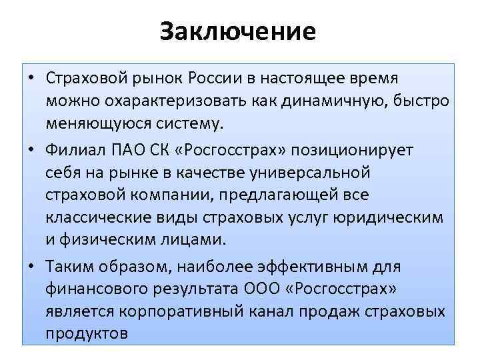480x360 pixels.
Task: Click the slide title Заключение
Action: [x=238, y=32]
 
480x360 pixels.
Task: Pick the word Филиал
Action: [x=73, y=149]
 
